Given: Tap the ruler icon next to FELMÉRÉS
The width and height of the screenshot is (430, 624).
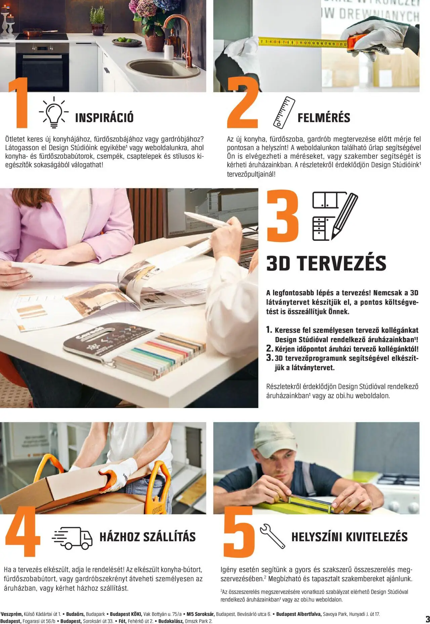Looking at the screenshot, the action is coord(284,113).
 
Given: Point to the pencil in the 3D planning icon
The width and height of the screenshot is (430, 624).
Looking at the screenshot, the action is coord(345,215).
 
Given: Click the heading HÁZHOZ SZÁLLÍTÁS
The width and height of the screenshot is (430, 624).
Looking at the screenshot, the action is coord(147,537).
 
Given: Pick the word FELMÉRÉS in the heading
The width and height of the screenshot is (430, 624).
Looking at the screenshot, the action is coord(324,118).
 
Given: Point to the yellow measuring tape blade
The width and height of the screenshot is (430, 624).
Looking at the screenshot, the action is coord(302,42).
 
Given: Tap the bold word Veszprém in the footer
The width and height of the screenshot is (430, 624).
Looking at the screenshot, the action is coord(12,614).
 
